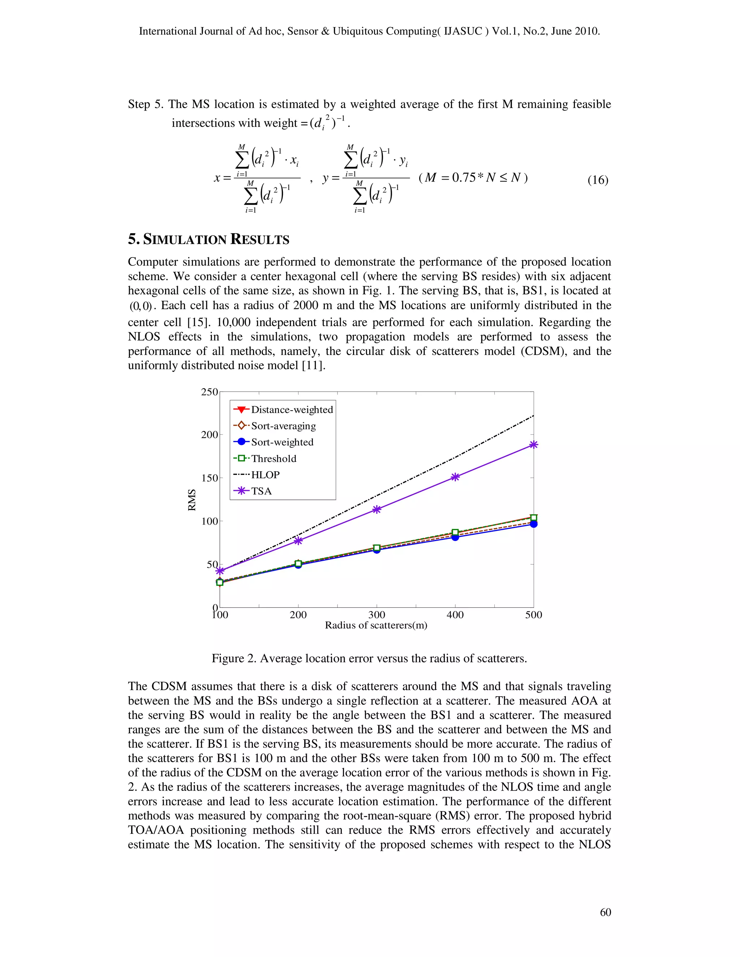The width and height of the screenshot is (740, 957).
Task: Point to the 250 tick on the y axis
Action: [209, 392]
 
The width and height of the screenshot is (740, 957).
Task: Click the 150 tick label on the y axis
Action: [209, 478]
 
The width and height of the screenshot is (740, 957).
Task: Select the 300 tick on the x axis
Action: [377, 615]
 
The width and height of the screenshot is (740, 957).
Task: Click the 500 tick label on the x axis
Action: [534, 615]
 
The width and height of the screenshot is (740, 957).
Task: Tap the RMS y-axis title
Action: [192, 500]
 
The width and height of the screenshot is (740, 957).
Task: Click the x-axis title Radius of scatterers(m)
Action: [376, 625]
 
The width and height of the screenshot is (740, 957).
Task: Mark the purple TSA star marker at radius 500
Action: [534, 445]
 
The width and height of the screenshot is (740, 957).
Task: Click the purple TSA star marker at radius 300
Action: [377, 509]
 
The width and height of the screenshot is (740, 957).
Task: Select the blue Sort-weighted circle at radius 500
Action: [534, 524]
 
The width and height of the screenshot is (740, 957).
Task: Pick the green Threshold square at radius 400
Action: [455, 532]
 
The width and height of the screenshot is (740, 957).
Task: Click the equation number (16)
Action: [598, 180]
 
